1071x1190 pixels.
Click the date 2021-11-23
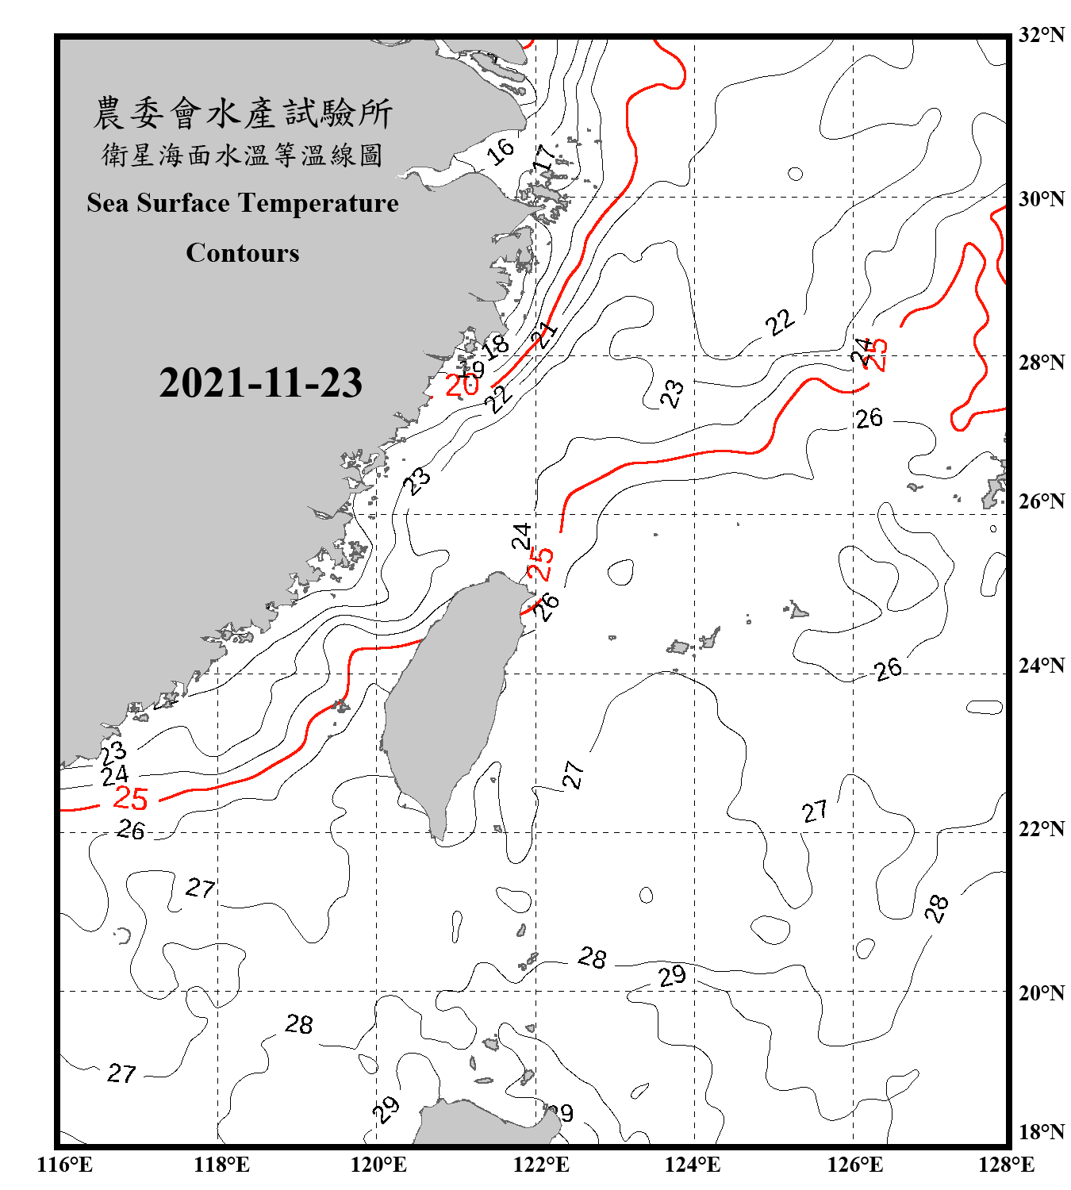point(260,382)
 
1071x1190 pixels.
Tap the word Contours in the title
point(242,252)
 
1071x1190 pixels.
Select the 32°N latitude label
point(1041,35)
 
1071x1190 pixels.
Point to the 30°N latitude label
point(1041,198)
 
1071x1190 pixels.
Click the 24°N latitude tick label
point(1041,665)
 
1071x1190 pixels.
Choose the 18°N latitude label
point(1041,1132)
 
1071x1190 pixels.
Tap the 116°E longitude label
point(64,1165)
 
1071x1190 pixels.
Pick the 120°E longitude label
point(378,1165)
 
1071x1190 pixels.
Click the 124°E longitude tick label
point(693,1165)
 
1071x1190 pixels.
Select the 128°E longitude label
point(1006,1165)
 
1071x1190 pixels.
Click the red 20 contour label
point(462,386)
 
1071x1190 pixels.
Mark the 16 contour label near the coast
point(501,150)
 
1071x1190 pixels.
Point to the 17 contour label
point(543,159)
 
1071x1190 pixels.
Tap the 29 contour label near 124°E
point(672,975)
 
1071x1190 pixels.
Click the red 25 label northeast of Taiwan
point(540,564)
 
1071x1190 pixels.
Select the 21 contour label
point(545,334)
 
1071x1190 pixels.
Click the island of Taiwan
point(448,698)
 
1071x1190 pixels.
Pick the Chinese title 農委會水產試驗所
point(242,113)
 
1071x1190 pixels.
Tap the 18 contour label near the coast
point(495,346)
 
